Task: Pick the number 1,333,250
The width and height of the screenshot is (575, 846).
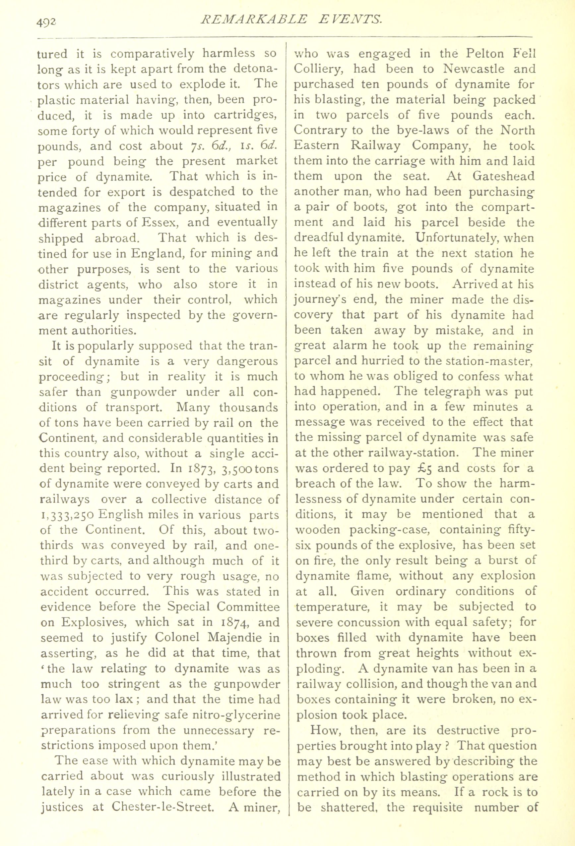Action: point(67,515)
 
